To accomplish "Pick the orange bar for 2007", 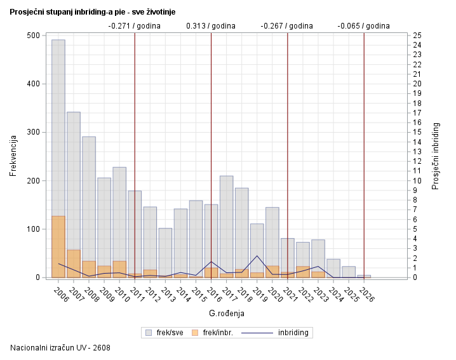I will [x=74, y=263].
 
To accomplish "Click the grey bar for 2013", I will [x=165, y=251].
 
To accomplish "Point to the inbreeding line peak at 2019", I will [x=257, y=256].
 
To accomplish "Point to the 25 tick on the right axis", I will [x=417, y=36].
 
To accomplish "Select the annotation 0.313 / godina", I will [x=210, y=26].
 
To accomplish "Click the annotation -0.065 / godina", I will [x=363, y=26].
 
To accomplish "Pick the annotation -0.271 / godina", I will [x=134, y=26].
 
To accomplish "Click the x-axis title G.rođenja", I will [x=226, y=313].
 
